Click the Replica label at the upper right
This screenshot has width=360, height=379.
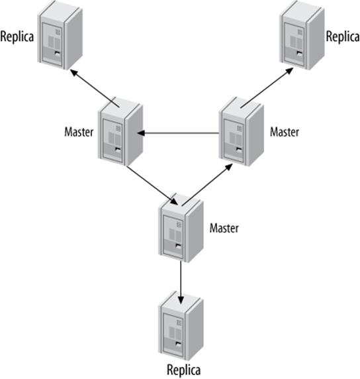pos(342,34)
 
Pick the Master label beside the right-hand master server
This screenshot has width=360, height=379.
pos(285,132)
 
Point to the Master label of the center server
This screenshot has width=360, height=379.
pos(224,229)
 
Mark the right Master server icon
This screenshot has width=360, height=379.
pos(241,131)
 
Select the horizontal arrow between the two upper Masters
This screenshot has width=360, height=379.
pos(179,133)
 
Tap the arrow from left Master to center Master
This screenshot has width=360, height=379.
pos(151,185)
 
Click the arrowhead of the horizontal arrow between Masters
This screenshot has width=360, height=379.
pos(142,133)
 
